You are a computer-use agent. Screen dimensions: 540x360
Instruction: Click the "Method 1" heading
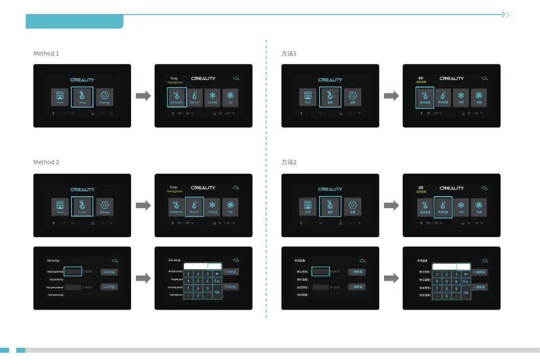point(46,54)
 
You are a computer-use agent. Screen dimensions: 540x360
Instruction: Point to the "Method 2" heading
point(46,162)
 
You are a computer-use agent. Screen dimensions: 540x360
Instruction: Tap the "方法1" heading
point(289,54)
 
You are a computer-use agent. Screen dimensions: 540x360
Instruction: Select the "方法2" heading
point(289,162)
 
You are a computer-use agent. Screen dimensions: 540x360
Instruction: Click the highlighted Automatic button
point(176,97)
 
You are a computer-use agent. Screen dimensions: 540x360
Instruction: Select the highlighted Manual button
point(194,206)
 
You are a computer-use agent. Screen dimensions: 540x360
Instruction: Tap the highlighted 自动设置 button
point(425,97)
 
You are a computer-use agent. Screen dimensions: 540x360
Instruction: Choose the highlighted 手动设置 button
point(443,207)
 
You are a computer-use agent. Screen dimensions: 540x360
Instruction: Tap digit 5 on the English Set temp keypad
point(198,281)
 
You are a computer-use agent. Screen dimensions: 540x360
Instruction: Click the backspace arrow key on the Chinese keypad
point(466,274)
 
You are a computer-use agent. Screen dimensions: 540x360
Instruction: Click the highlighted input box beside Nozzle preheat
point(73,272)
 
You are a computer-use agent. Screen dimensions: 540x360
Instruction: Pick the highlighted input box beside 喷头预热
point(321,272)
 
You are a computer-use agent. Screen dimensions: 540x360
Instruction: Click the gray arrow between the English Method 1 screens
point(143,96)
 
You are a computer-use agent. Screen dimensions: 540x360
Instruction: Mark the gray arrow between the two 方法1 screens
point(391,96)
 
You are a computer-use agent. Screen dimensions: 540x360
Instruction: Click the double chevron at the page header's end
point(508,15)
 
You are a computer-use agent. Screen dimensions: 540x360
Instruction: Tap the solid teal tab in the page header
point(74,21)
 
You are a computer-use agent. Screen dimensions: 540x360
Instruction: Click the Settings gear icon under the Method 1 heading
point(104,96)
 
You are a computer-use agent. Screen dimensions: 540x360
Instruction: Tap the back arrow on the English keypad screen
point(235,260)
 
